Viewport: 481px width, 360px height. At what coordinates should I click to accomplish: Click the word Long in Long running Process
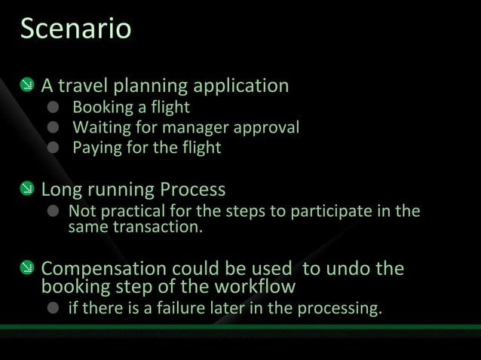[x=63, y=188]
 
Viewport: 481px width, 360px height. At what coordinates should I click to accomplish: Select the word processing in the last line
[x=342, y=309]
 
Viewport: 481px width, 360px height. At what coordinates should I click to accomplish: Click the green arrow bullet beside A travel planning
[x=26, y=86]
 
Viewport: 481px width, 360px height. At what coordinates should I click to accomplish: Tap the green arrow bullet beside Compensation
[x=26, y=269]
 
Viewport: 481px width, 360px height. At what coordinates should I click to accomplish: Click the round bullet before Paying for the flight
[x=54, y=148]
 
